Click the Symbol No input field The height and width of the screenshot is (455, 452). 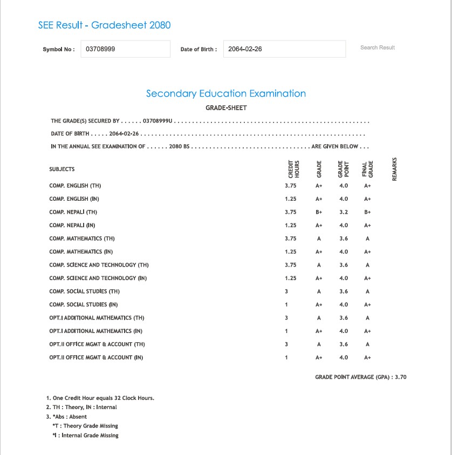pyautogui.click(x=125, y=49)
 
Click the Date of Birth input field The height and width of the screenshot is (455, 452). pyautogui.click(x=284, y=49)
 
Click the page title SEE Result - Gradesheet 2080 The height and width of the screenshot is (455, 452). pyautogui.click(x=104, y=25)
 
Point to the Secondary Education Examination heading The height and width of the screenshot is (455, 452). pyautogui.click(x=226, y=93)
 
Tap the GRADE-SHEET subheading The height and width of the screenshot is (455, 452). pyautogui.click(x=226, y=108)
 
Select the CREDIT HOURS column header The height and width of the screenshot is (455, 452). pyautogui.click(x=294, y=169)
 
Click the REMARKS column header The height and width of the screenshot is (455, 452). pyautogui.click(x=394, y=169)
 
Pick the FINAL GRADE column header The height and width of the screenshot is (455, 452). pyautogui.click(x=368, y=169)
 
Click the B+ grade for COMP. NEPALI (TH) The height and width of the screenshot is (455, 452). pyautogui.click(x=319, y=212)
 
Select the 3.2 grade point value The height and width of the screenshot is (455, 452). pyautogui.click(x=344, y=212)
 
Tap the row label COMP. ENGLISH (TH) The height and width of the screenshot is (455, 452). pyautogui.click(x=75, y=186)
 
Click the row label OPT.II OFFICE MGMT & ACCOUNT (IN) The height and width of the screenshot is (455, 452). pyautogui.click(x=96, y=357)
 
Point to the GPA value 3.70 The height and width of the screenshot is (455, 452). pyautogui.click(x=401, y=377)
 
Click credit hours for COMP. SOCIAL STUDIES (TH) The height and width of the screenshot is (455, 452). pyautogui.click(x=286, y=291)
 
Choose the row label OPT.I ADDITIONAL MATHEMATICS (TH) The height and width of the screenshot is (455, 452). pyautogui.click(x=97, y=318)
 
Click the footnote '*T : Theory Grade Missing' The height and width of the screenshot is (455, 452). pyautogui.click(x=85, y=426)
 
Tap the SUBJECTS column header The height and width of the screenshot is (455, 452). pyautogui.click(x=61, y=169)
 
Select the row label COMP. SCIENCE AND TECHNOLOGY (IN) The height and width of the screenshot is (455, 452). pyautogui.click(x=98, y=278)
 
